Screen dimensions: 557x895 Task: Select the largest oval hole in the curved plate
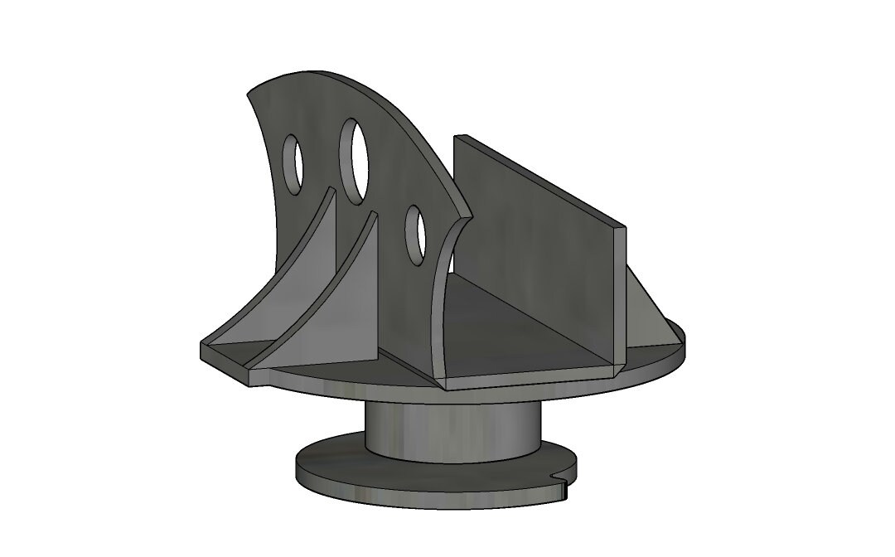(356, 160)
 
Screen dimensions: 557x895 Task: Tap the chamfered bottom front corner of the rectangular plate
(617, 362)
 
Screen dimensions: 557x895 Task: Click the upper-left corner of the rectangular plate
(456, 138)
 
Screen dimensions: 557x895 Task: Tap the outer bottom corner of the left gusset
(204, 346)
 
